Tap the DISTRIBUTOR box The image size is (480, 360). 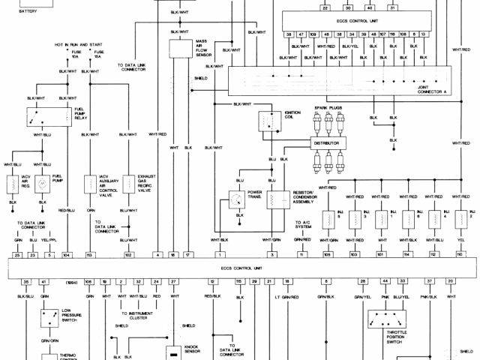pyautogui.click(x=332, y=142)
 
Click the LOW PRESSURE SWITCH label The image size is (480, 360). pyautogui.click(x=73, y=317)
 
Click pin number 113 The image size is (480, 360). pyautogui.click(x=89, y=256)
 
